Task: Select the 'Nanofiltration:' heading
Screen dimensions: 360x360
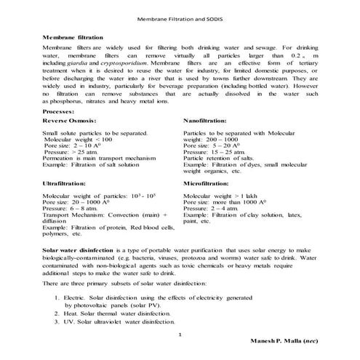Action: point(205,119)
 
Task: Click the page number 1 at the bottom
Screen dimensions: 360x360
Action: point(180,332)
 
